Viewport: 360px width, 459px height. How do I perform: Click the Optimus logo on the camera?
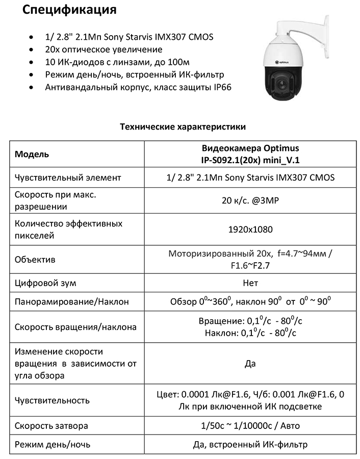point(283,63)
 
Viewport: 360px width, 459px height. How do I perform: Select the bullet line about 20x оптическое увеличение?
point(104,49)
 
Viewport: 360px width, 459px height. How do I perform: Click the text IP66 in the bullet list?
point(222,87)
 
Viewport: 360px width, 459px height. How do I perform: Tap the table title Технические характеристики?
point(182,126)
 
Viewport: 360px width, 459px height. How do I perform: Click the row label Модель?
point(32,155)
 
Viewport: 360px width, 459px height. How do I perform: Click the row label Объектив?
point(35,260)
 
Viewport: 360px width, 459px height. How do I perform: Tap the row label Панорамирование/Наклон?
point(71,301)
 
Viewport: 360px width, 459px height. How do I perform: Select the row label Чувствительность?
point(53,400)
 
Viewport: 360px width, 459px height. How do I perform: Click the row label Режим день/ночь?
point(53,444)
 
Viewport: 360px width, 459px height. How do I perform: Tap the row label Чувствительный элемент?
point(68,177)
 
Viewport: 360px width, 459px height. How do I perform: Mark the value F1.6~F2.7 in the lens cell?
point(250,266)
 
